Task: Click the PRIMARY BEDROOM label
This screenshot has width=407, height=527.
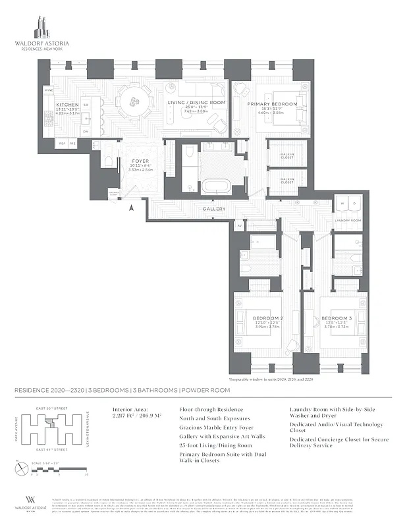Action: click(x=273, y=104)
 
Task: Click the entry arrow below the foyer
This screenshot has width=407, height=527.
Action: click(x=132, y=208)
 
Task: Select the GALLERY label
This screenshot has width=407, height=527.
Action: click(x=214, y=209)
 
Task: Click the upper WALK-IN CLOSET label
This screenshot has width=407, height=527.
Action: click(x=286, y=151)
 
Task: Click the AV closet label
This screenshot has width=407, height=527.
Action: click(x=240, y=225)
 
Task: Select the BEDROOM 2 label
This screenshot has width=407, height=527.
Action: click(x=268, y=318)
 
